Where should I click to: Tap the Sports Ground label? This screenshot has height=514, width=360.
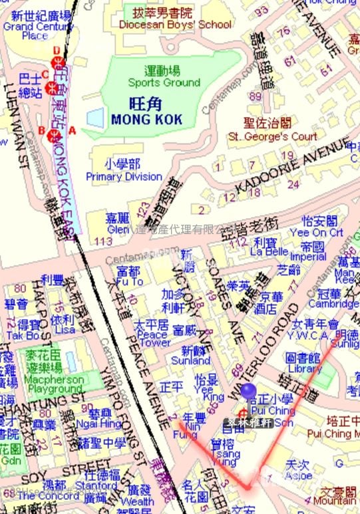coord(164,82)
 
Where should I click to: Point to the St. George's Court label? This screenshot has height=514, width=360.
coord(273,136)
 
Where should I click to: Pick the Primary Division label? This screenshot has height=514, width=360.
coord(124,176)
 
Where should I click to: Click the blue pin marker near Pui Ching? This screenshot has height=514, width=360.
coord(248,392)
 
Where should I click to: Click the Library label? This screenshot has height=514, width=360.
coord(305,368)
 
